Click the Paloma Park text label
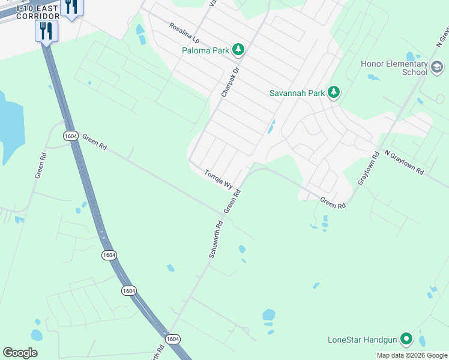(x=206, y=50)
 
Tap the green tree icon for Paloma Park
(x=238, y=49)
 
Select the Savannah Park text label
(x=297, y=93)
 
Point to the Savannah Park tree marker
(x=334, y=92)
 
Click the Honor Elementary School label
(x=394, y=68)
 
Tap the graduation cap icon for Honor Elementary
(x=436, y=67)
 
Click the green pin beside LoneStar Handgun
(x=406, y=339)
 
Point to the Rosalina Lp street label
(x=184, y=33)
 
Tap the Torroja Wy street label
(x=218, y=179)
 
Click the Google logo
(x=20, y=353)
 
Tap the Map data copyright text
(x=412, y=355)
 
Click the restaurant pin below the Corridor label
(x=46, y=30)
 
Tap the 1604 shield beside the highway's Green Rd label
(x=70, y=136)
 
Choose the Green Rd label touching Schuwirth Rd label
(x=232, y=202)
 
